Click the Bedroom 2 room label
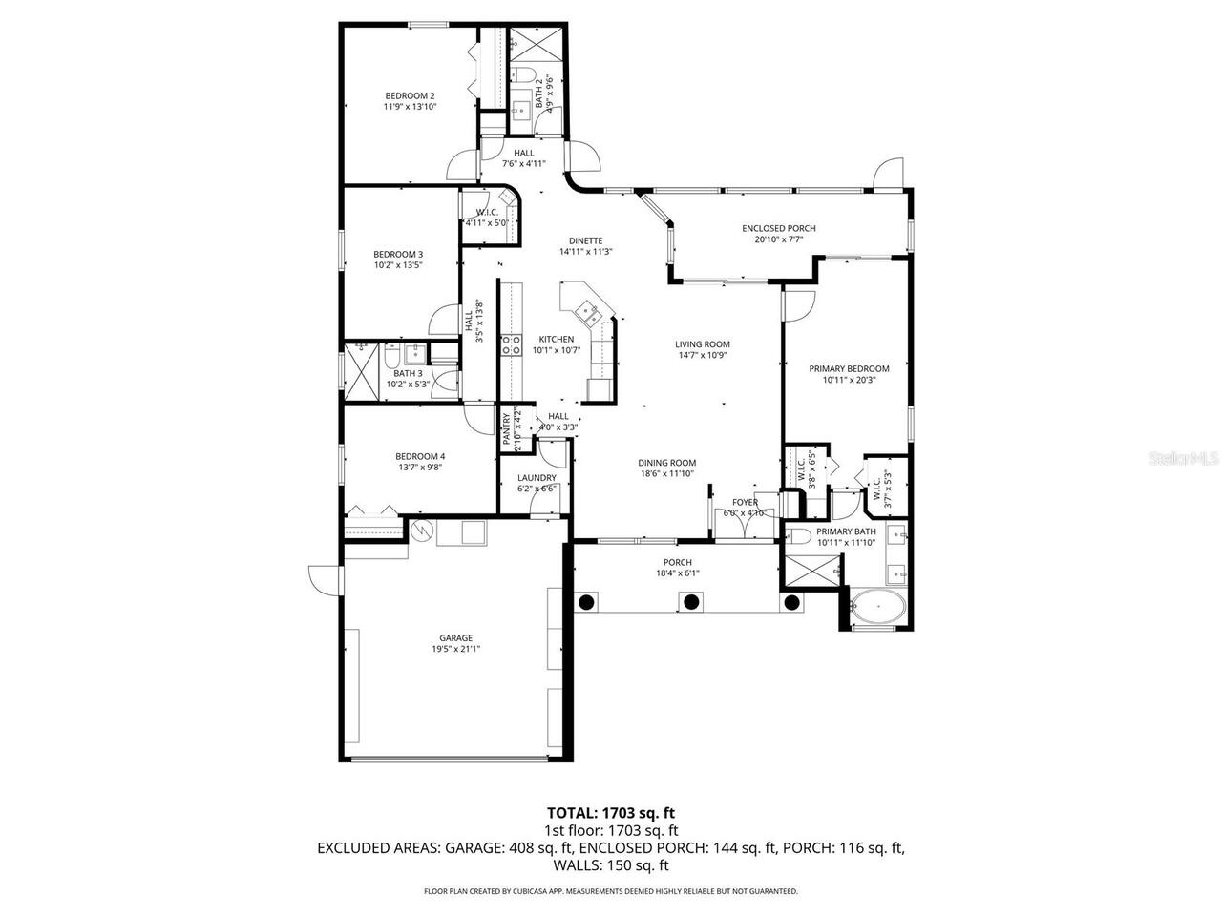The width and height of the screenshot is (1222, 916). pyautogui.click(x=410, y=95)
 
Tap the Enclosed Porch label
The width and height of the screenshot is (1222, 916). pyautogui.click(x=778, y=228)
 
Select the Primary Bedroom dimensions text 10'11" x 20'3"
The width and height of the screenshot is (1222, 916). pyautogui.click(x=849, y=380)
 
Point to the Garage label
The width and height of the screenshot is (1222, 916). pyautogui.click(x=455, y=638)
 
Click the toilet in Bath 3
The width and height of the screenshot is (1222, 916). pyautogui.click(x=391, y=357)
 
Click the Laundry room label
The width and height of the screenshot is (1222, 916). pyautogui.click(x=537, y=478)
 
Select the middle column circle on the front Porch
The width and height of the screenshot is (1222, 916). pyautogui.click(x=689, y=601)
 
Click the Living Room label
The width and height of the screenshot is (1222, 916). pyautogui.click(x=702, y=344)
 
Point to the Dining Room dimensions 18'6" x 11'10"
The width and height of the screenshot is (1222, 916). pyautogui.click(x=667, y=474)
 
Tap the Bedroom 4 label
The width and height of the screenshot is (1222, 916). pyautogui.click(x=420, y=456)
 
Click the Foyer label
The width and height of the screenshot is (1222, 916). pyautogui.click(x=745, y=502)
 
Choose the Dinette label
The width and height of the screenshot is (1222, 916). pyautogui.click(x=585, y=240)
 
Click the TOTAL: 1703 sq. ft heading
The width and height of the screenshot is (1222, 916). pyautogui.click(x=611, y=813)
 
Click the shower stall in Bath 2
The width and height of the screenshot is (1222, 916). pyautogui.click(x=525, y=43)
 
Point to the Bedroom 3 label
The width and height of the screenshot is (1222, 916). pyautogui.click(x=397, y=254)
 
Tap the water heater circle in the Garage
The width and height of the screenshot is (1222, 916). pyautogui.click(x=421, y=531)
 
